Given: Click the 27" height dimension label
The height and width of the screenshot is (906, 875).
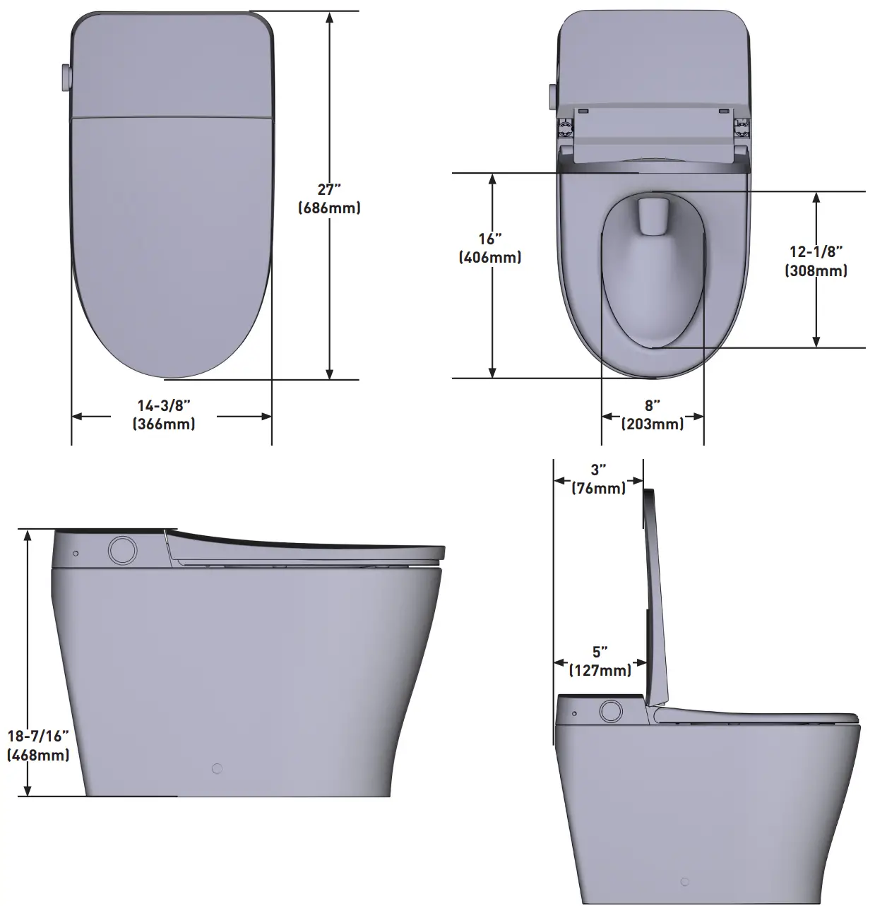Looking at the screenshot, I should (x=329, y=189).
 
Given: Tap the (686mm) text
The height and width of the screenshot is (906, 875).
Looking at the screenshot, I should (x=329, y=208).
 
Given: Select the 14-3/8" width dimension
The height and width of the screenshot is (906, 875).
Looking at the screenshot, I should (x=164, y=405).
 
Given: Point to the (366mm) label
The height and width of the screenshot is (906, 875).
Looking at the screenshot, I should (x=164, y=424).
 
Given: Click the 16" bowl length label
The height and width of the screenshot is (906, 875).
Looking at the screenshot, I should (x=490, y=239).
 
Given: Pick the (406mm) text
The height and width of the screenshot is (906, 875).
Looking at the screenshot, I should (x=490, y=257).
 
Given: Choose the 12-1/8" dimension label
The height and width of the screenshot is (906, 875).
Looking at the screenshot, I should (x=816, y=251).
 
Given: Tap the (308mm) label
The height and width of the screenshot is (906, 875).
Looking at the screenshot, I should (x=816, y=270).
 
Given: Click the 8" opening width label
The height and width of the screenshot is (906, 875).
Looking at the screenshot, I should (x=652, y=405).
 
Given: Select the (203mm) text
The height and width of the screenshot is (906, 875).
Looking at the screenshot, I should (x=652, y=424).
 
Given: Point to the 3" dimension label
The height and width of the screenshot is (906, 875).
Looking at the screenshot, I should (x=598, y=470).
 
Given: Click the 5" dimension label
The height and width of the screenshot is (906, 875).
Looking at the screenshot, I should (x=600, y=652).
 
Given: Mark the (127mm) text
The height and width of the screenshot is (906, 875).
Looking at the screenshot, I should (x=600, y=670).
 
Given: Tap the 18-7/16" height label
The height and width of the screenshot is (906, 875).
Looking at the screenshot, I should (x=38, y=736).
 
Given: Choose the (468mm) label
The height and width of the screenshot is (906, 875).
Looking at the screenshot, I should (x=38, y=754).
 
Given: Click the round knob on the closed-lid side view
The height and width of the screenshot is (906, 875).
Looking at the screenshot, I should (x=123, y=550).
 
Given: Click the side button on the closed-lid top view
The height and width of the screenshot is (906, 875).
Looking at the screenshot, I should (x=66, y=78).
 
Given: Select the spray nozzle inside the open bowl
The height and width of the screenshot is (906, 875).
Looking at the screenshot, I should (x=652, y=215).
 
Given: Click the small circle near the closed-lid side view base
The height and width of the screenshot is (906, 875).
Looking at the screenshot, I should (x=217, y=768).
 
